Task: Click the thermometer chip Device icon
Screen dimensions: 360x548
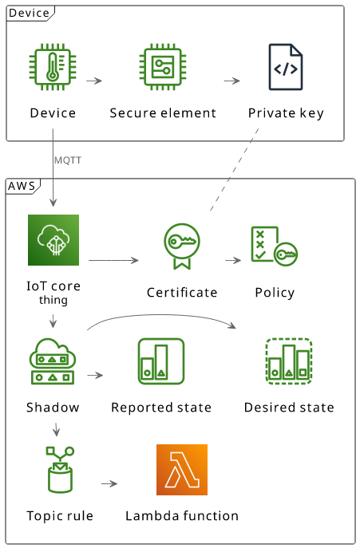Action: tap(53, 67)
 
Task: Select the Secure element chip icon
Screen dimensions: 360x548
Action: tap(163, 67)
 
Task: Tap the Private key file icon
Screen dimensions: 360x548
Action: tap(286, 67)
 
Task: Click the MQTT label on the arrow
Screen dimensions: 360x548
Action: tap(68, 160)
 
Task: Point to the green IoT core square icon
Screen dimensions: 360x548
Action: tap(53, 240)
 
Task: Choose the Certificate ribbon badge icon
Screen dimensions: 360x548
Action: tap(182, 246)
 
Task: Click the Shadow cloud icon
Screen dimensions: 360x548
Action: tap(53, 361)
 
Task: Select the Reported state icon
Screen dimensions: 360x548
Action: tap(161, 361)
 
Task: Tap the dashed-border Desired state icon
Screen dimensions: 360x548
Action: tap(289, 361)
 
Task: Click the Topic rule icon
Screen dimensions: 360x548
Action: tap(60, 470)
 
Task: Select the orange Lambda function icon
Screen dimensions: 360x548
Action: tap(182, 470)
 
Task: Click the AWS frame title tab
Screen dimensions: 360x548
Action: tap(23, 186)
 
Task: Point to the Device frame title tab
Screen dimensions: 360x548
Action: tap(30, 14)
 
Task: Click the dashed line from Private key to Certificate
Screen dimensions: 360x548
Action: tap(234, 170)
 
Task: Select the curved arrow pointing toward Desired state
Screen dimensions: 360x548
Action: tap(161, 315)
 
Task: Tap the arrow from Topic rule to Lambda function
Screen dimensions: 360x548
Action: tap(109, 484)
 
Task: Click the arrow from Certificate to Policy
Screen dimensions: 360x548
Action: tap(233, 260)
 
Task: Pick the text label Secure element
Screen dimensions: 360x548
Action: tap(163, 113)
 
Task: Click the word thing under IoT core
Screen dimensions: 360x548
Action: tap(53, 300)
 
